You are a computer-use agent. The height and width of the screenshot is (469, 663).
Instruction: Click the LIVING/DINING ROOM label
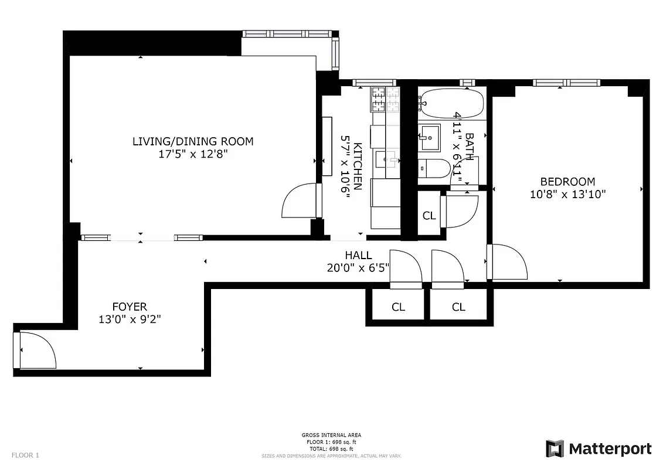pos(193,141)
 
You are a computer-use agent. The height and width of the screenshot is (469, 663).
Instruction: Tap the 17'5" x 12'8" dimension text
pos(193,154)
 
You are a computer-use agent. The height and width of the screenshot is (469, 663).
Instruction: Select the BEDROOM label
pos(567,182)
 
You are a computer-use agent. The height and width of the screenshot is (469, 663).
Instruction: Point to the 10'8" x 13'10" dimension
pos(567,195)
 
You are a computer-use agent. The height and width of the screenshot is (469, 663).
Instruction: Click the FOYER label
pos(130,307)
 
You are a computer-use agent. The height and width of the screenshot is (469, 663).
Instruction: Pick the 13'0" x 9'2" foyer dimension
pos(130,320)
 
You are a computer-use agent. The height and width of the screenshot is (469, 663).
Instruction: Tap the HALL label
pos(358,256)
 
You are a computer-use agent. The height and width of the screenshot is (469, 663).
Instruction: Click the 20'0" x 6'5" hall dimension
pos(358,268)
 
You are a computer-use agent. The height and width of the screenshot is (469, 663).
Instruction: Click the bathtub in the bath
pos(451,103)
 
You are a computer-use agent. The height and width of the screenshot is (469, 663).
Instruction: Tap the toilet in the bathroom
pos(434,169)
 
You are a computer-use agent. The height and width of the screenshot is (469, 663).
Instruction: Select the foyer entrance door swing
pos(36,350)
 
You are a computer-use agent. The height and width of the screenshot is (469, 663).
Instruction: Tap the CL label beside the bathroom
pos(429,216)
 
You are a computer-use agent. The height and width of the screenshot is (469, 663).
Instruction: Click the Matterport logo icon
pos(555,448)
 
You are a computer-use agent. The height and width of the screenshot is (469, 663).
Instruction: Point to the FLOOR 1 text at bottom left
pos(25,455)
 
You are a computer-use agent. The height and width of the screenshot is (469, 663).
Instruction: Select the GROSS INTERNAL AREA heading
pos(331,435)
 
